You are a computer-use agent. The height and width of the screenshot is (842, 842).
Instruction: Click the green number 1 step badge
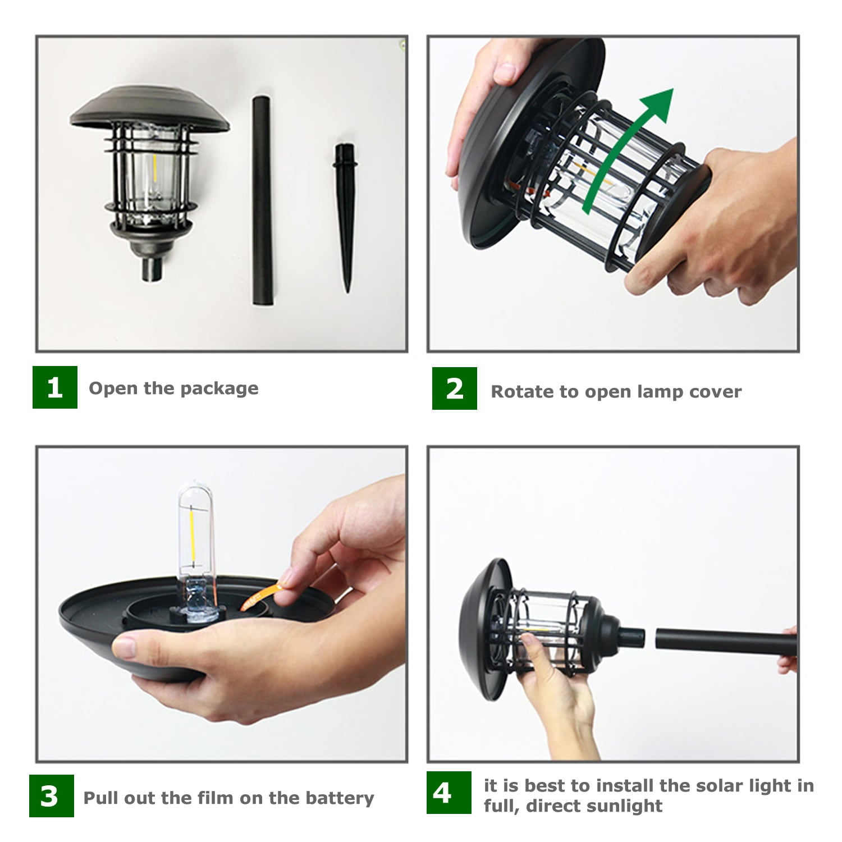pyautogui.click(x=55, y=387)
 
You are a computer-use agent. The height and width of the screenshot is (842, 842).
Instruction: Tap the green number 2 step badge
pyautogui.click(x=455, y=388)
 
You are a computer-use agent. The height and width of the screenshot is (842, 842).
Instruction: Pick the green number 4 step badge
pyautogui.click(x=449, y=793)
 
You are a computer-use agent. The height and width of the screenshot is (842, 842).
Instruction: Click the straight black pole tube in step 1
pyautogui.click(x=263, y=201)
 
